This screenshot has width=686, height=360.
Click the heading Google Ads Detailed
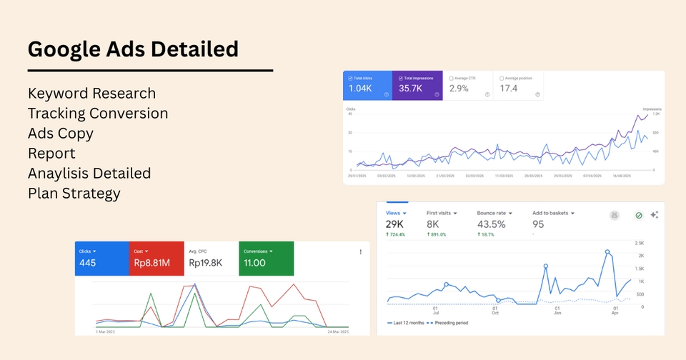(133, 49)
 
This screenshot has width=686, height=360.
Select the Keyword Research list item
(91, 94)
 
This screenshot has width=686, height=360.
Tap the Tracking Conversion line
(98, 114)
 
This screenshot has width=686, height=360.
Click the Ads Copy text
(61, 134)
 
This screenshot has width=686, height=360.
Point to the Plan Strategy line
(74, 194)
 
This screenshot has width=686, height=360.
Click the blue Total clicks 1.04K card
(367, 86)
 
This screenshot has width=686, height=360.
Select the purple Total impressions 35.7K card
(417, 86)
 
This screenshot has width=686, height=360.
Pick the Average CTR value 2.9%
(458, 89)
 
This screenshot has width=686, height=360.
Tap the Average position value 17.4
(509, 89)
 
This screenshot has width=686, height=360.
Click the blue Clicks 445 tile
(101, 258)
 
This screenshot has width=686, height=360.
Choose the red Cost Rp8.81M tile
(156, 258)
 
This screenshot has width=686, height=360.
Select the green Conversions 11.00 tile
(265, 258)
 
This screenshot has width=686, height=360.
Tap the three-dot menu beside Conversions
(360, 252)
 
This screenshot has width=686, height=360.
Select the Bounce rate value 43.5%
(492, 224)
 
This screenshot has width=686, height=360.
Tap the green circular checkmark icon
(639, 214)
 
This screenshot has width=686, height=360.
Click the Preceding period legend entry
(450, 323)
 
